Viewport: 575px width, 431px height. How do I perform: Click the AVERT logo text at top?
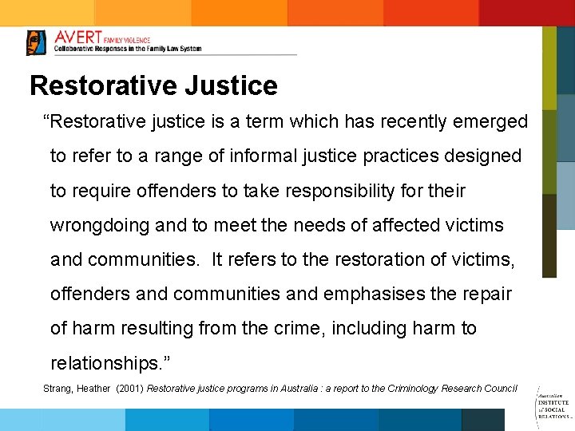(x=77, y=38)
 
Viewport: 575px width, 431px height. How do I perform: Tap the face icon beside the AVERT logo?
(x=37, y=42)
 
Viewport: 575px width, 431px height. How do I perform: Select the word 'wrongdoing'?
(x=100, y=226)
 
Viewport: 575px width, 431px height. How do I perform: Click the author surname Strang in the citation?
(x=56, y=389)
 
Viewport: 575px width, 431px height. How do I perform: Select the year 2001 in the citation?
(x=130, y=389)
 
